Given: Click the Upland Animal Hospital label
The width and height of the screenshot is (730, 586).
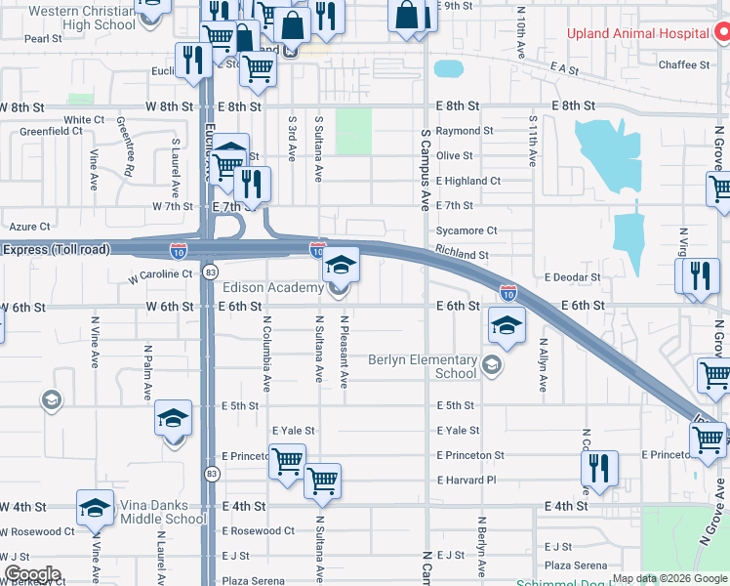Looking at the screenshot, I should (638, 34).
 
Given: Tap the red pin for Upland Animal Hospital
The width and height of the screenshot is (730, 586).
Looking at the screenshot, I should (722, 33).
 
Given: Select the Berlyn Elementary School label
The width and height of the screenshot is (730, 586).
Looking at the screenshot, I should (423, 366).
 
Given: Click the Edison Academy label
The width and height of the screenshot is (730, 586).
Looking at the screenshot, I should (273, 288).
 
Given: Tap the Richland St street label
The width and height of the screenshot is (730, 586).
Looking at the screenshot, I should (463, 255).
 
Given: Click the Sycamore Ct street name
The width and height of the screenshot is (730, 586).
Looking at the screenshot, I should (466, 230).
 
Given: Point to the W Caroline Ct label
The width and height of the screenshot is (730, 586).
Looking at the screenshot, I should (161, 275).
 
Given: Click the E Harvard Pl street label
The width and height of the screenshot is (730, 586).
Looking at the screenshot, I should (466, 481).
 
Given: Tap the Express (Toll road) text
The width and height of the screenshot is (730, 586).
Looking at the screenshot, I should (57, 250).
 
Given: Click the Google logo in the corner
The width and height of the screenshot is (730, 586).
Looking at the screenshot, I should (31, 574).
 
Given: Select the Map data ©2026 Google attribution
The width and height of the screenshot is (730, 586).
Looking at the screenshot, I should (669, 578).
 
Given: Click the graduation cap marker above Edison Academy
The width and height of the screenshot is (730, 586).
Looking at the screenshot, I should (341, 265).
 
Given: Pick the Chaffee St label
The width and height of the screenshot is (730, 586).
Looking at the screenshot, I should (683, 64).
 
